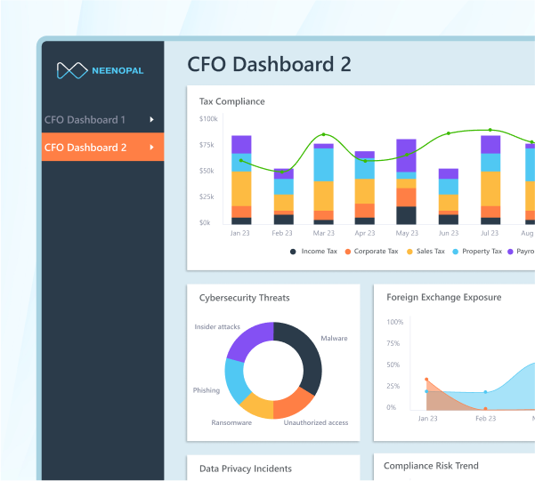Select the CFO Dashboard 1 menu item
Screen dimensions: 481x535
pos(85,119)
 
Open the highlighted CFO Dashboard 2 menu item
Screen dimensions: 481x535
pos(85,147)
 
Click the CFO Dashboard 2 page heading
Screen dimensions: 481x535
pos(269,65)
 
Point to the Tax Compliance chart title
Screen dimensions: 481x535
pos(231,101)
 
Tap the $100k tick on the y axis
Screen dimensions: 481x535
pos(208,118)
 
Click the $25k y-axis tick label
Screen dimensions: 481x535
pos(207,196)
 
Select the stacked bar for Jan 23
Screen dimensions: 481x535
pos(241,180)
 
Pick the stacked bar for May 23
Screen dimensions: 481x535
pos(406,181)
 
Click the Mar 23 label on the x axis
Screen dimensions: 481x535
pos(323,233)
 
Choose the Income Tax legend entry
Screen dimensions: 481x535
pos(314,252)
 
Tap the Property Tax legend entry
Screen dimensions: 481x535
pos(482,252)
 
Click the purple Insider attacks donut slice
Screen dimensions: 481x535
pos(249,340)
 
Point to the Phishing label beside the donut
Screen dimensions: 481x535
pos(206,390)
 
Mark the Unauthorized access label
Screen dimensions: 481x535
pos(315,422)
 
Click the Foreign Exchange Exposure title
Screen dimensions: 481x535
pos(443,297)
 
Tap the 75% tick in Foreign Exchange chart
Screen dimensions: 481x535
pos(394,343)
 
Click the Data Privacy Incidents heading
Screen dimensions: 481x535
pos(245,469)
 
